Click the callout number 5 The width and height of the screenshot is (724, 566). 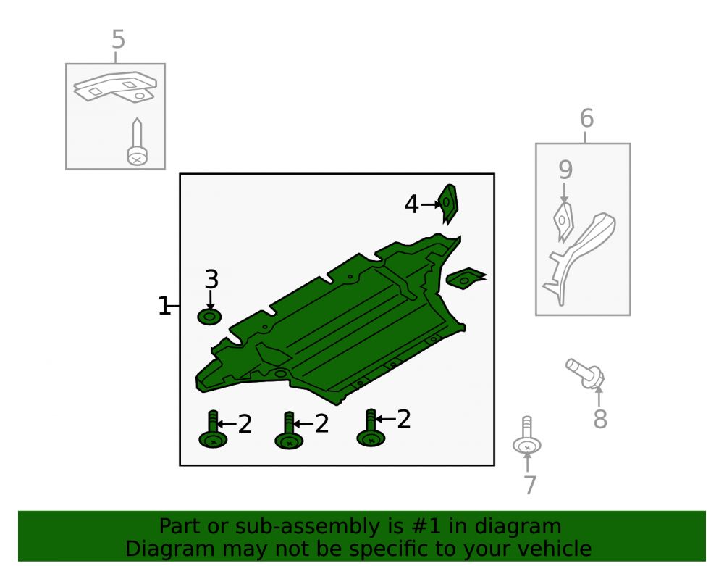coord(118,39)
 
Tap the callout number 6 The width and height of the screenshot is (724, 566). coord(586,118)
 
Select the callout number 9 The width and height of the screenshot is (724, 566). coord(565,170)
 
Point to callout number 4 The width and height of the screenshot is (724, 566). coord(411,204)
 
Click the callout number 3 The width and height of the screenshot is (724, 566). coord(211,279)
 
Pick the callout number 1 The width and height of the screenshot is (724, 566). coord(164,306)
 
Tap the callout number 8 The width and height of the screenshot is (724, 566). coord(599,419)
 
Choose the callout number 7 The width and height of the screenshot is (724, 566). coord(530,485)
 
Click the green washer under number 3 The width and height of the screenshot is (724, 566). coord(209,317)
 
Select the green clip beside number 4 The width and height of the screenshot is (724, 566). coord(448,204)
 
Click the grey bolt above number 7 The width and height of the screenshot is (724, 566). coord(527,436)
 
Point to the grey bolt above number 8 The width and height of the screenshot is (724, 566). coord(585,373)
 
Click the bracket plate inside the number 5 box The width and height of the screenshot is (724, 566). coord(115,87)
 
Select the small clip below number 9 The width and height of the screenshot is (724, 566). coord(563,222)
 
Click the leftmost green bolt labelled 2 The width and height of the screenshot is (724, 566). coord(213,429)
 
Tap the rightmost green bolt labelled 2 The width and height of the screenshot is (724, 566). coord(371,428)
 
